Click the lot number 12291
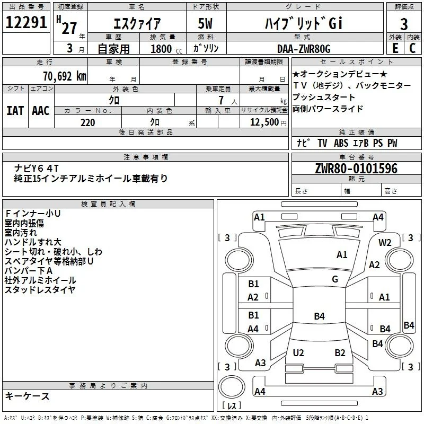point(26,22)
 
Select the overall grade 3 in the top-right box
point(404,24)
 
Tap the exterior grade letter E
point(395,48)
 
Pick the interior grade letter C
point(412,48)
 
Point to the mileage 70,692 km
point(65,76)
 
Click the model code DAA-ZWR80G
point(304,49)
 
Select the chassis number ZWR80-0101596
point(356,169)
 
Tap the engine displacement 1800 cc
point(166,49)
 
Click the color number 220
point(87,122)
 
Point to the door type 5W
point(205,23)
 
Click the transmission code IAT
point(15,111)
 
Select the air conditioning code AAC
point(41,111)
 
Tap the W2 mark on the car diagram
point(385,243)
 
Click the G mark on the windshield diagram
point(335,279)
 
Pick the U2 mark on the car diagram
point(298,352)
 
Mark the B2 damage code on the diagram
point(340,352)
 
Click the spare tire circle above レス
point(232,387)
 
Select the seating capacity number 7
point(221,100)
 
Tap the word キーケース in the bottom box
point(28,396)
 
